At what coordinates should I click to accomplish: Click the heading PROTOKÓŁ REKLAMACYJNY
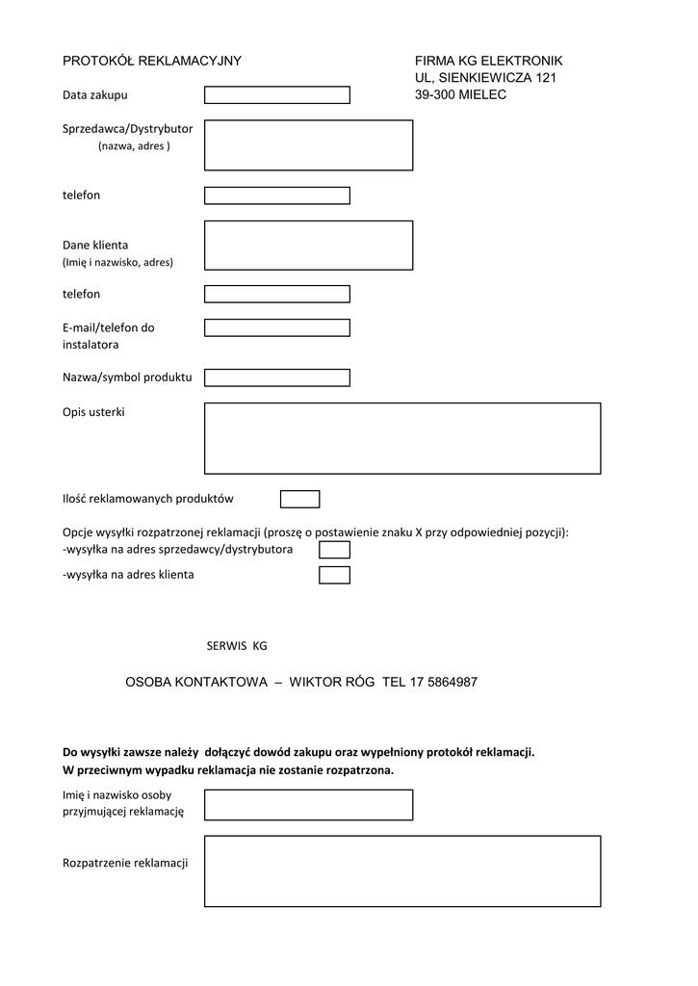point(151,61)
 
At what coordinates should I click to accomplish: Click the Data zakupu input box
point(276,95)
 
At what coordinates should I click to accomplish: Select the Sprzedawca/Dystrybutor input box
point(308,145)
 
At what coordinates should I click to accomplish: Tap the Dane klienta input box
point(308,246)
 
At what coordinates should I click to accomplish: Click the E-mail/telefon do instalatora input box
point(276,327)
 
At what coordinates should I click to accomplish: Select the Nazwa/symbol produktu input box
point(276,376)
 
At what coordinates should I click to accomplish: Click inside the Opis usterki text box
point(402,438)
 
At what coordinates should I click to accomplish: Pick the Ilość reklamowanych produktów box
point(299,499)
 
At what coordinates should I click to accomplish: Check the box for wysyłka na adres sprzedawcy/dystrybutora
point(334,550)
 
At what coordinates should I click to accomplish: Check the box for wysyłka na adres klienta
point(334,575)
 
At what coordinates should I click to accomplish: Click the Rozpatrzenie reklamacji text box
point(402,870)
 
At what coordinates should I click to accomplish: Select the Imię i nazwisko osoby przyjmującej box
point(308,804)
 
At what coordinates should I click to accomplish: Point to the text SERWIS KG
point(237,645)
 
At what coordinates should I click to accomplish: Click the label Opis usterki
point(93,412)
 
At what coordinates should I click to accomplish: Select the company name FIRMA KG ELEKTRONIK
point(488,61)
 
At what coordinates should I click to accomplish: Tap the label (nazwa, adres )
point(134,146)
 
